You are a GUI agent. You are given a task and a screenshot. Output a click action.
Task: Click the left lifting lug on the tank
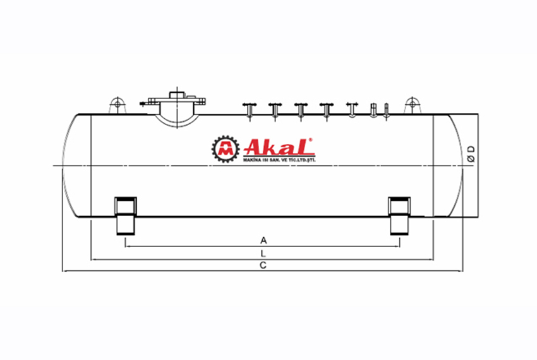point(116,105)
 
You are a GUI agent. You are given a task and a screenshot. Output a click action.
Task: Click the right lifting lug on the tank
point(413,105)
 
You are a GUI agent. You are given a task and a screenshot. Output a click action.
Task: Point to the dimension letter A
point(263,240)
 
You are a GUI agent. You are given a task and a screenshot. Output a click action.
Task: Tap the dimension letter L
point(263,253)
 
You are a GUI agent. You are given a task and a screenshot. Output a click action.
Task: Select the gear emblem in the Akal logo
point(223,149)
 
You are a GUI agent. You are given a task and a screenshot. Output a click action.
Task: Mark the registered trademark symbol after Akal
point(311,140)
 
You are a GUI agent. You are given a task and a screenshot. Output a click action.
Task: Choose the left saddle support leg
point(126,215)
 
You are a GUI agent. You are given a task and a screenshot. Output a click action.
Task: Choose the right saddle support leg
point(399,215)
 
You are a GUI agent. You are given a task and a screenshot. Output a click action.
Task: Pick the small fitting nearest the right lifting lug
point(387,110)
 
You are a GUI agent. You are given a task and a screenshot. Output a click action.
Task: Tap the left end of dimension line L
point(92,259)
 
